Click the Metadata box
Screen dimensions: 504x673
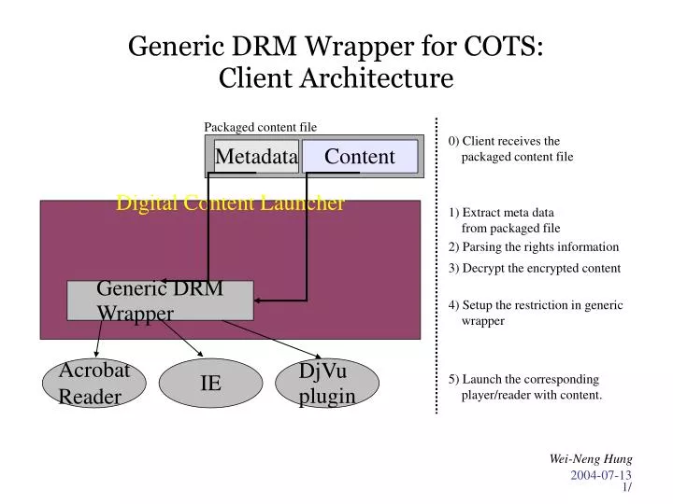[x=256, y=157]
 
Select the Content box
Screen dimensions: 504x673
[x=359, y=157]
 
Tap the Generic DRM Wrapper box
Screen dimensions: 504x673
[x=160, y=301]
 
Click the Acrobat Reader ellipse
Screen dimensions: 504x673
[x=94, y=384]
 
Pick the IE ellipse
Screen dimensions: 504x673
[x=211, y=384]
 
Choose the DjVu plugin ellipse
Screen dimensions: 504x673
[x=327, y=384]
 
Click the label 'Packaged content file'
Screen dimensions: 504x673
[x=260, y=127]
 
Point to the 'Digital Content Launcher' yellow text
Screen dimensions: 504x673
[x=230, y=203]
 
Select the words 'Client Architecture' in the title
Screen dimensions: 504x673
[x=336, y=79]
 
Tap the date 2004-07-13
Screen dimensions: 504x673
[x=601, y=476]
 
